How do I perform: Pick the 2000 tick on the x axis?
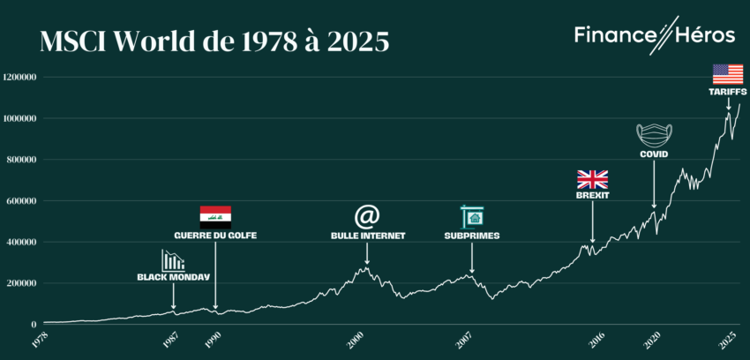[356, 339]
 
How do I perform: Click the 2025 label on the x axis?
[729, 339]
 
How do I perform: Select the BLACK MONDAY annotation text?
[174, 276]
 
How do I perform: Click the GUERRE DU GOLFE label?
[215, 236]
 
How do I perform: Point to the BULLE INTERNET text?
[367, 236]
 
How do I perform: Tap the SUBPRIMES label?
[472, 236]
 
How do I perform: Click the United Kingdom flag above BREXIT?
[592, 179]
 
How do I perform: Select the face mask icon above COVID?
[654, 135]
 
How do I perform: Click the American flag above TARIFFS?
[728, 73]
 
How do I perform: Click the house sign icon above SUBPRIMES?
[472, 216]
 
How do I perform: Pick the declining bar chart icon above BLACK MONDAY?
[173, 259]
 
